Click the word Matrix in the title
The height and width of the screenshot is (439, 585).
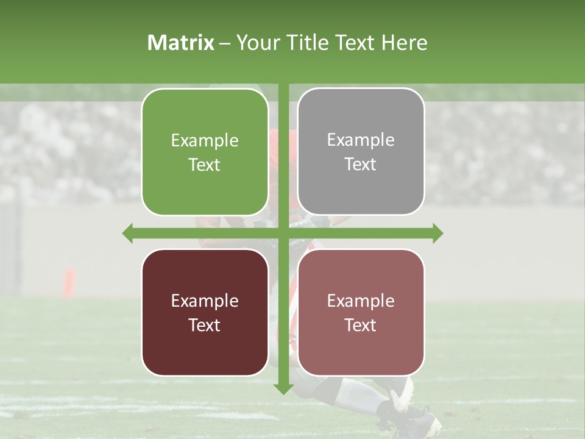(181, 43)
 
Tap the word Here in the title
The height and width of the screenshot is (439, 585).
(404, 43)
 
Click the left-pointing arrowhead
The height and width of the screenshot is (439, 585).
(127, 233)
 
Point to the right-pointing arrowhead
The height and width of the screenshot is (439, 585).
(438, 233)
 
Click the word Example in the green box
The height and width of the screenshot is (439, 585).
(205, 140)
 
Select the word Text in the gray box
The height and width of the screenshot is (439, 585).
(361, 165)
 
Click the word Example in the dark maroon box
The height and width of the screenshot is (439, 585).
(205, 301)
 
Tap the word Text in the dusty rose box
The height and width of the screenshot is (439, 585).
(361, 325)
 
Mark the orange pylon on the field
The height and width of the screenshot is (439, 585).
(69, 282)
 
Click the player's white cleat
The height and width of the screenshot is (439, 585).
(403, 395)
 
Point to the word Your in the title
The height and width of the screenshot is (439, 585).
(255, 43)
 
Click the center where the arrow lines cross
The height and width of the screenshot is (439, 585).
(283, 233)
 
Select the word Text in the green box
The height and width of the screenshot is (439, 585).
(205, 165)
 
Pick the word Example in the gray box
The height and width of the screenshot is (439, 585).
(361, 140)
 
